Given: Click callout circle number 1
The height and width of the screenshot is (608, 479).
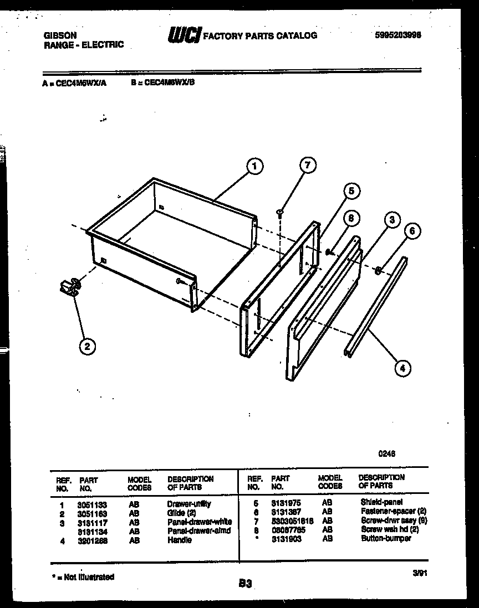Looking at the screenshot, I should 254,166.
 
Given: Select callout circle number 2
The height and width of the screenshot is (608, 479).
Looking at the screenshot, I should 86,347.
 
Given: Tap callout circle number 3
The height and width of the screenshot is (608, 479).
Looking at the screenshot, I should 392,220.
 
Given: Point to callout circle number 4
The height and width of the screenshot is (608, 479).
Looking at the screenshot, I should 403,366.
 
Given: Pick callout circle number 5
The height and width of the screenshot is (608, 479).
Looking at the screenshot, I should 351,191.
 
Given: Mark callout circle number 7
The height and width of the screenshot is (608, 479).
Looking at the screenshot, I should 308,165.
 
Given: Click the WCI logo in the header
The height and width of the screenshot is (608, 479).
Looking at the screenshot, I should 184,35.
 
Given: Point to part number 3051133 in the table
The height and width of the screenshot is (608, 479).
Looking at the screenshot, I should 91,504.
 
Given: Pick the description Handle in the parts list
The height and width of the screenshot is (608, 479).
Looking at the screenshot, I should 179,540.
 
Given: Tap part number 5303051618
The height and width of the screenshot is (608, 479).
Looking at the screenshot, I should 292,521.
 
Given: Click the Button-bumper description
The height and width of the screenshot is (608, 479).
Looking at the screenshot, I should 386,538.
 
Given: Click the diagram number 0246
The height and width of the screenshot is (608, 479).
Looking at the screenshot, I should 386,453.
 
